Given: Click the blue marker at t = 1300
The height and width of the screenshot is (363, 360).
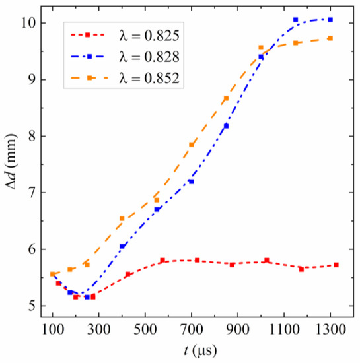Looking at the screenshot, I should point(330,20).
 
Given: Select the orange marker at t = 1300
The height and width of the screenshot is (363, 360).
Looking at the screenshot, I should point(330,38).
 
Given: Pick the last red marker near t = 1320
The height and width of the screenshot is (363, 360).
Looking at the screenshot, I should point(336,265).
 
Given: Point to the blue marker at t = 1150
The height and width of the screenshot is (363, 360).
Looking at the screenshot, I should point(296,20).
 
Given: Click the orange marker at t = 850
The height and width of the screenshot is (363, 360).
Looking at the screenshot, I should point(226,98).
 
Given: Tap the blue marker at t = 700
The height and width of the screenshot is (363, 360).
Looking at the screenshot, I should point(192,181).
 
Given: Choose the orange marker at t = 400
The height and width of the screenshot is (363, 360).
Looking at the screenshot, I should point(122,218).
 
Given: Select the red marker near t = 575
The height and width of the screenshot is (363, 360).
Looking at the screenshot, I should point(162,261).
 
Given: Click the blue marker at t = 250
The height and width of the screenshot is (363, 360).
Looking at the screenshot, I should point(87,297).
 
